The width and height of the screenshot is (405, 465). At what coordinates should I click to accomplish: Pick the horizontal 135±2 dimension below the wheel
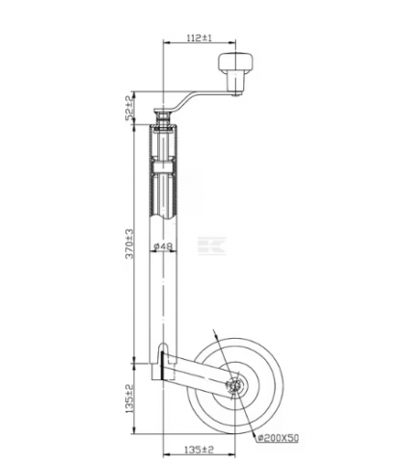tap(199, 450)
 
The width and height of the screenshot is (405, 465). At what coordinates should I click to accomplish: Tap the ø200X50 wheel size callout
tap(278, 438)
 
